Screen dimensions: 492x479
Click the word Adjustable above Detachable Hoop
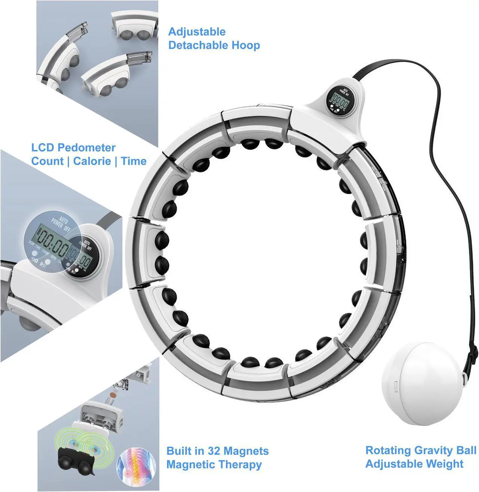click(x=197, y=32)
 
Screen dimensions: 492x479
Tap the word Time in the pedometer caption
click(x=134, y=162)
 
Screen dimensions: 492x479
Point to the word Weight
click(x=445, y=464)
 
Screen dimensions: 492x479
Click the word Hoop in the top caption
click(x=246, y=45)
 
